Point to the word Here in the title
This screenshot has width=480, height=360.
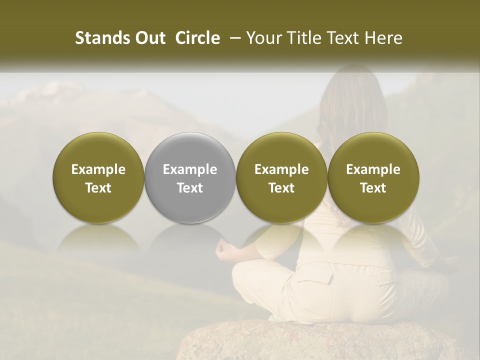coord(383,38)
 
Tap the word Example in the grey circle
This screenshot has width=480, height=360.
coord(190,169)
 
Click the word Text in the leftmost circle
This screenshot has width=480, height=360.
coord(98,188)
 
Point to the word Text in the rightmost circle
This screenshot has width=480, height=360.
coord(373,188)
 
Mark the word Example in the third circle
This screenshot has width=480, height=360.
coord(281,169)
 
